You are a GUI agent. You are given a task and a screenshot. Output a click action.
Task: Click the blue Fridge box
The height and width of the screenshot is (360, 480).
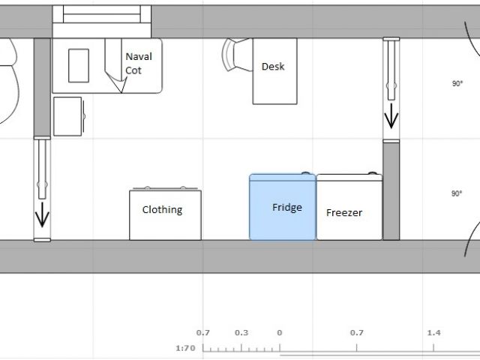(282, 207)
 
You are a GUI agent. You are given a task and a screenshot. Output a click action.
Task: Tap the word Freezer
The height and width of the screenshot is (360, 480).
(344, 213)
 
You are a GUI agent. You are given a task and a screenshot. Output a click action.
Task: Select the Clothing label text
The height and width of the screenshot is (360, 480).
(162, 210)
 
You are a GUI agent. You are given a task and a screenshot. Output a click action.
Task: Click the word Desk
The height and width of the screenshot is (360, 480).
(273, 67)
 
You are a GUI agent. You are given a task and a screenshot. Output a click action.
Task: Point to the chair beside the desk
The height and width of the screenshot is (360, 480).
(235, 55)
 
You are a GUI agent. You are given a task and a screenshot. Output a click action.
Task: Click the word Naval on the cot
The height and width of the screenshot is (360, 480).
(139, 57)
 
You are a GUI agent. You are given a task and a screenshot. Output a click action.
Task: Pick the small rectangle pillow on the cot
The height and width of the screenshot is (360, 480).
(79, 65)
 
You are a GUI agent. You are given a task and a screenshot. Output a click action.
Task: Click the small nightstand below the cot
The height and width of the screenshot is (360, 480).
(67, 116)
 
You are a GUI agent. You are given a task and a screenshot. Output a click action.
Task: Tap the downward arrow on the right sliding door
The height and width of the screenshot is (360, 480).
(391, 116)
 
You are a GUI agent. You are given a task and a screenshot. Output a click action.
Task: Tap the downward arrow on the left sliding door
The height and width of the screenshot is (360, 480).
(42, 214)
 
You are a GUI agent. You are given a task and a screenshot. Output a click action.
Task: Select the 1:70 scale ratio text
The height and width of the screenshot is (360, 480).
(185, 348)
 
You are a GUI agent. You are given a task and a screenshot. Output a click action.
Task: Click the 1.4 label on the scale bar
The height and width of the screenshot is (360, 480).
(433, 333)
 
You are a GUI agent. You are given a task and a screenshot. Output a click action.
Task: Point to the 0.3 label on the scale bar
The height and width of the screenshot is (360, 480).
(241, 333)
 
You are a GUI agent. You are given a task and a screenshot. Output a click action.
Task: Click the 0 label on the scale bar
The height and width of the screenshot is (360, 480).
(280, 333)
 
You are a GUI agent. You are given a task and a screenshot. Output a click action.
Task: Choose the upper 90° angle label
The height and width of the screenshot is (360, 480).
(457, 83)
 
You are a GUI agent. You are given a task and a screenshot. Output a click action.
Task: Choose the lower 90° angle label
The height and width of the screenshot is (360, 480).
(457, 193)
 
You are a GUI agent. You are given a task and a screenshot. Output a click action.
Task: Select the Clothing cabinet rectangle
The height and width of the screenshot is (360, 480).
(165, 215)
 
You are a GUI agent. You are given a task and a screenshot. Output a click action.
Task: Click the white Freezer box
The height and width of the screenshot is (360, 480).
(349, 207)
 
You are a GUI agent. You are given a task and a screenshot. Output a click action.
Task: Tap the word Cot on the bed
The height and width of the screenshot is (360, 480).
(133, 70)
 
